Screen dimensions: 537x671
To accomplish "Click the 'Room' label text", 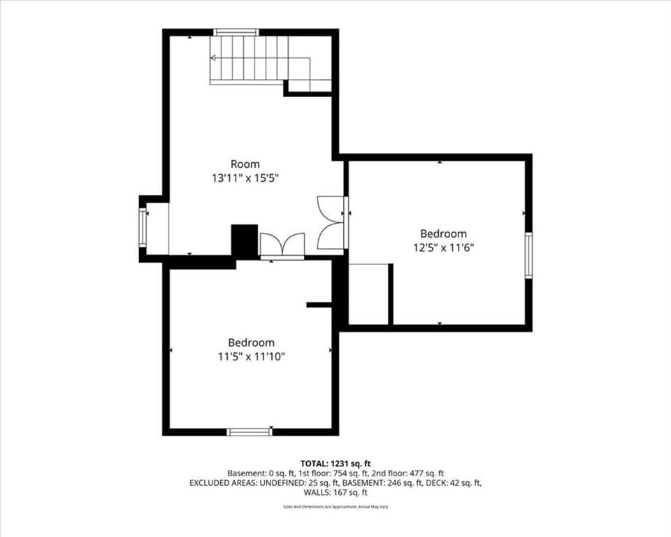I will pos(245,164).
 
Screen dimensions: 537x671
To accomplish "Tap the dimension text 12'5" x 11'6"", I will pos(442,247).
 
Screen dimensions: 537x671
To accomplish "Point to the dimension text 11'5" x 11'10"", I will pos(251,357).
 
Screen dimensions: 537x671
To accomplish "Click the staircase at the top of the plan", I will pos(259,59).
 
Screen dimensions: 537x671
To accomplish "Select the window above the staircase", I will pos(236,32).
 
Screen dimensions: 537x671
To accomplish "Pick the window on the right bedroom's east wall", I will pos(528,255).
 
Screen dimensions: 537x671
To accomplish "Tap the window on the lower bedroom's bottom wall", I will pos(250,432).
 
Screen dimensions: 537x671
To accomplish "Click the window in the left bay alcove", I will pos(143,228).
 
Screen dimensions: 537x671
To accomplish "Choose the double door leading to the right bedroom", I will pos(331,222).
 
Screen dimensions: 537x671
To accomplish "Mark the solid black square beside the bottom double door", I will pos(244,241).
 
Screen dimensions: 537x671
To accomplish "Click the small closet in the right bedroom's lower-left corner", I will pos(368,294).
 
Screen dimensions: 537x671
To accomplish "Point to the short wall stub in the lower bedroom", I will pos(319,305).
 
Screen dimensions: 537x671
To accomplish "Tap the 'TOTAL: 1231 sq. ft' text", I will pos(335,463).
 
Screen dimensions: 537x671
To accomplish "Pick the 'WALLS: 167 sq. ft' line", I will pos(335,493).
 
